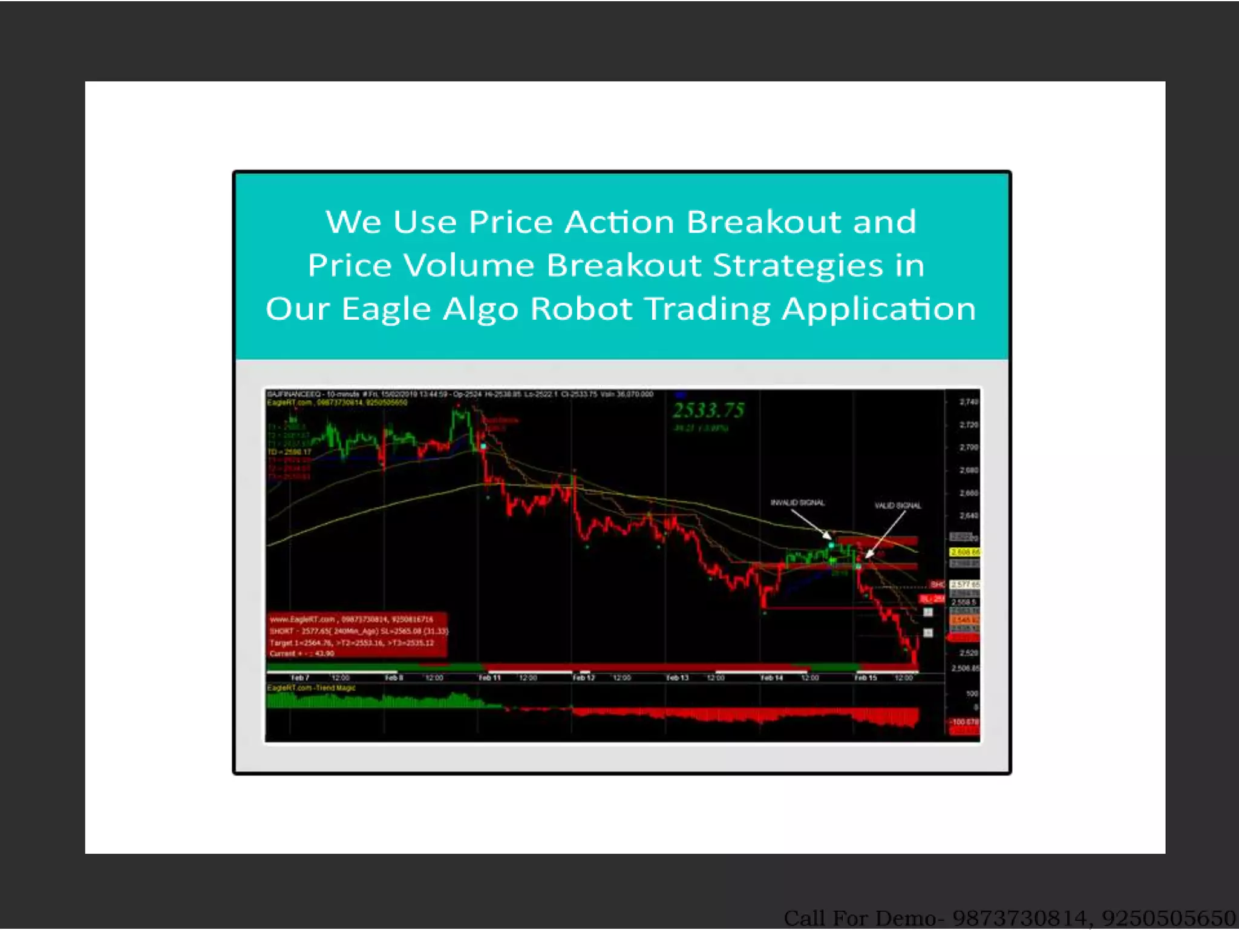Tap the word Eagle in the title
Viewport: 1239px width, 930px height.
pyautogui.click(x=386, y=309)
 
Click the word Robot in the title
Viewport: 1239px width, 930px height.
pyautogui.click(x=581, y=309)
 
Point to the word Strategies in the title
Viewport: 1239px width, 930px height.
pyautogui.click(x=798, y=266)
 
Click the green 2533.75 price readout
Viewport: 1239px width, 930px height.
pyautogui.click(x=708, y=411)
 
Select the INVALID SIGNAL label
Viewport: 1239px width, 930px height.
pyautogui.click(x=797, y=503)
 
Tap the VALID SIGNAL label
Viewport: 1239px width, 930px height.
pyautogui.click(x=898, y=506)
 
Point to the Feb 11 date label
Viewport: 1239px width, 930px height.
pyautogui.click(x=489, y=678)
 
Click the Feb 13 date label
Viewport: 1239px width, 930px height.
pyautogui.click(x=677, y=678)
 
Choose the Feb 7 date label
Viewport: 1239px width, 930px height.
pyautogui.click(x=300, y=678)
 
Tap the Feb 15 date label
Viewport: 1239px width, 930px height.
pyautogui.click(x=865, y=678)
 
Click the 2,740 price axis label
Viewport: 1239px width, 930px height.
pyautogui.click(x=969, y=402)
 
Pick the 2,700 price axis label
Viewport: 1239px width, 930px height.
pyautogui.click(x=969, y=447)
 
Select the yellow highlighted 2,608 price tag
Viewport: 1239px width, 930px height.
pyautogui.click(x=964, y=552)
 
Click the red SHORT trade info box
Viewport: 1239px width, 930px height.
pyautogui.click(x=358, y=636)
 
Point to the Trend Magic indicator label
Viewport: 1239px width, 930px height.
pyautogui.click(x=312, y=688)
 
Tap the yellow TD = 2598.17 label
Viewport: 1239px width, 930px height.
pyautogui.click(x=290, y=452)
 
